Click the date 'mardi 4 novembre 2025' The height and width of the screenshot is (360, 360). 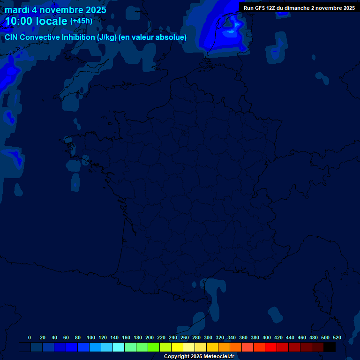pos(55,10)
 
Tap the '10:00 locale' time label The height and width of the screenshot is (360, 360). pos(36,21)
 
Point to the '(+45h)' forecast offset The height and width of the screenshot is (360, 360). pos(81,21)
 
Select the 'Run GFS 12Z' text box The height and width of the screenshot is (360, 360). pos(299,8)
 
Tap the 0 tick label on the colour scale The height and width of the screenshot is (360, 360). pos(30,337)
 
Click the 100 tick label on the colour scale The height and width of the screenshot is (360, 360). pos(91,337)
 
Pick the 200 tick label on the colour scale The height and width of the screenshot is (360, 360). pos(150,337)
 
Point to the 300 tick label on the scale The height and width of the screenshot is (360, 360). pos(208,337)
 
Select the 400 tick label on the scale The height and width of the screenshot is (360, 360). pos(267,337)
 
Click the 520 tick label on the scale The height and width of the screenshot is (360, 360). pos(337,337)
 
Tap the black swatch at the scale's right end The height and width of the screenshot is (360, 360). pos(330,347)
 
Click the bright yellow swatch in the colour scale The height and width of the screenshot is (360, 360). pos(177,347)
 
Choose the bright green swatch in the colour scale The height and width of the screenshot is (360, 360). pos(154,347)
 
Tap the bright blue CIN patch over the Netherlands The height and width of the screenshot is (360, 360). pos(229,33)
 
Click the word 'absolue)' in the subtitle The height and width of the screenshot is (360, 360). pos(172,37)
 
